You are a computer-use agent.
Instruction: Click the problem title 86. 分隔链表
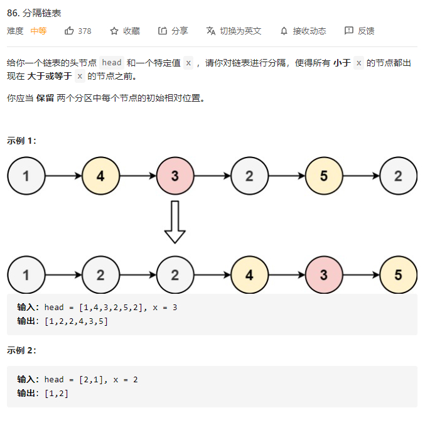coord(35,13)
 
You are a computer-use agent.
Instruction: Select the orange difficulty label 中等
coord(38,31)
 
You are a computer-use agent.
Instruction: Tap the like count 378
coord(84,31)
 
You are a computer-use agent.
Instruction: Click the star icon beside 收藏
coord(114,31)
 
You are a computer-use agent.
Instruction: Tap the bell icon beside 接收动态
coord(284,31)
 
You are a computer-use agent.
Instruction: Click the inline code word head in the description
coord(112,63)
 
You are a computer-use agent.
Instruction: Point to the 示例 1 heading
coord(22,141)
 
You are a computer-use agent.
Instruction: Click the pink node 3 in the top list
coord(175,176)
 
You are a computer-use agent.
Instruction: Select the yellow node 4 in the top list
coord(100,176)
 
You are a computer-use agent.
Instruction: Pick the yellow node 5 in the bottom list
coord(398,275)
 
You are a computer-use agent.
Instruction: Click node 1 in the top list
coord(26,176)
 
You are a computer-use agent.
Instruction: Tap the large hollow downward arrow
coord(175,222)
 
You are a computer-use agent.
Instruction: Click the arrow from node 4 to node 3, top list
coord(137,176)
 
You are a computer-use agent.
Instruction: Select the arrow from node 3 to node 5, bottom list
coord(360,275)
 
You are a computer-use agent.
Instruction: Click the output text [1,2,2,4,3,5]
coord(76,321)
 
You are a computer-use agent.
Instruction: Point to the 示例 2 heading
coord(22,350)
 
